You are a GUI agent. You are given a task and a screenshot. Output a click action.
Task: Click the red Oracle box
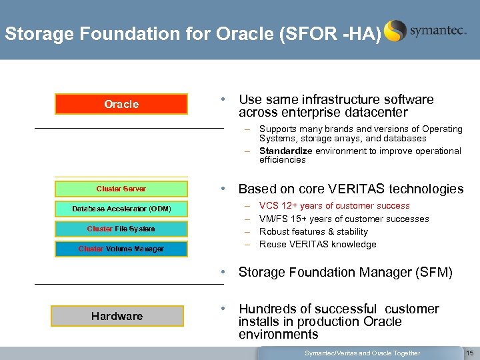121,104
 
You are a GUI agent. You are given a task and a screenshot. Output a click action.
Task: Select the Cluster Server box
121,189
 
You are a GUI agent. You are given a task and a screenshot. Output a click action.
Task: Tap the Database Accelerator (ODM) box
121,209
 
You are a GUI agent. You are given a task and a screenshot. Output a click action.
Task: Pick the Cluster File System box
121,229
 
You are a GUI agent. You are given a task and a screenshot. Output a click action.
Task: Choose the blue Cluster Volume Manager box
121,249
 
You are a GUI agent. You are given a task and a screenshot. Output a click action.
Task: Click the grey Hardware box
117,316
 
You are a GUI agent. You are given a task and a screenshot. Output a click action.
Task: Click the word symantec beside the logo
438,31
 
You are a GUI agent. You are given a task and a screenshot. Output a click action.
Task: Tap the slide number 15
470,353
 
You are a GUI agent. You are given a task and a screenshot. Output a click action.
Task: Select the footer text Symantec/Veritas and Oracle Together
362,353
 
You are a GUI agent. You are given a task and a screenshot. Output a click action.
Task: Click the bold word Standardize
285,151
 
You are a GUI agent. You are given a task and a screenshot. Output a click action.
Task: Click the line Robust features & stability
313,231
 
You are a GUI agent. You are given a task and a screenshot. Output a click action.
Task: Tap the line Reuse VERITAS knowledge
317,244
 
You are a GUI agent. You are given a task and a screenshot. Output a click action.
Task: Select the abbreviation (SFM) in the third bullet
431,272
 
